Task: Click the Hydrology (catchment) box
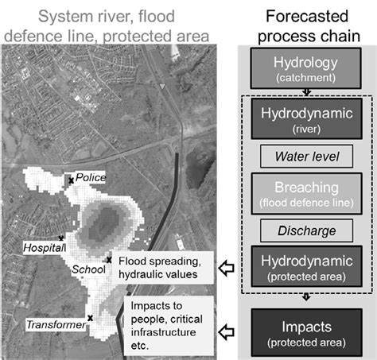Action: click(305, 68)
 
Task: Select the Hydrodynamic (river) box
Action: click(306, 118)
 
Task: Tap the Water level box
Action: click(306, 157)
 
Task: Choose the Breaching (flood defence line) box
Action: click(306, 193)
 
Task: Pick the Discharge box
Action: click(306, 230)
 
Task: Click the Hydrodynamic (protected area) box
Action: click(306, 266)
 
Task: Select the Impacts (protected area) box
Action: click(306, 332)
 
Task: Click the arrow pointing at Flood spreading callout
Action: click(226, 268)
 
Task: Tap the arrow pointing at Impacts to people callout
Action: click(226, 332)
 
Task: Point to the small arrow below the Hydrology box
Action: click(306, 92)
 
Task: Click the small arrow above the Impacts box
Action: click(306, 296)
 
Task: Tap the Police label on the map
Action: click(91, 177)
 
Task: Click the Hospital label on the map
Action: click(44, 248)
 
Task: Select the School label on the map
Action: click(89, 269)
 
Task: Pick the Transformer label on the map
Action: click(56, 325)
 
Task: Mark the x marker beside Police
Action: click(71, 180)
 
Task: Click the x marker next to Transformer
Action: click(90, 318)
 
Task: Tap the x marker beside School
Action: click(109, 260)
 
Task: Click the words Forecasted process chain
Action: click(308, 26)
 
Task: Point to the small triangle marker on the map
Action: click(162, 86)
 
